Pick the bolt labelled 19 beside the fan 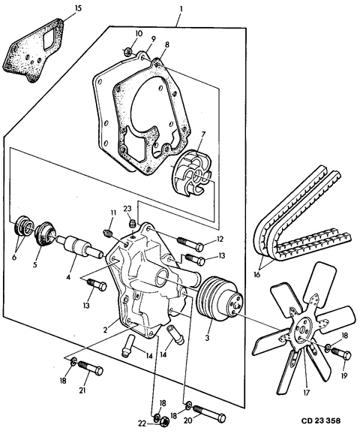coord(341,352)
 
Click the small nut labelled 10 coord(129,53)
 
